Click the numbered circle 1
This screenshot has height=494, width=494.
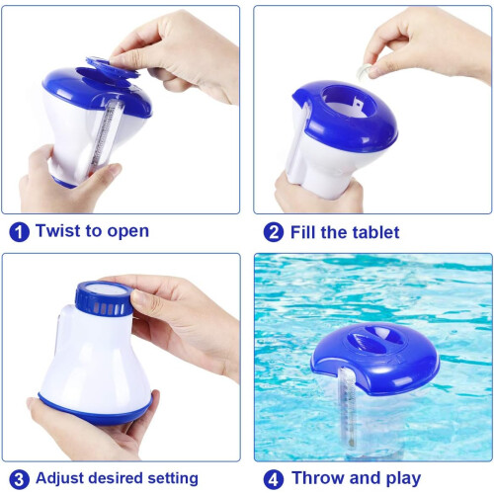point(19,232)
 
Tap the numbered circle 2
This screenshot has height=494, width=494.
point(274,232)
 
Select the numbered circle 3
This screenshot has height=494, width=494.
point(19,479)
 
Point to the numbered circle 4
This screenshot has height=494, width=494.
point(274,479)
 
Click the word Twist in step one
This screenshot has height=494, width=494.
point(57,230)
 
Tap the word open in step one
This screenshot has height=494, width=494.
point(128,232)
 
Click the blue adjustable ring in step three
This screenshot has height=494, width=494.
point(104,298)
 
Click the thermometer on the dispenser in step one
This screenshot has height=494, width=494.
point(105,138)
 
